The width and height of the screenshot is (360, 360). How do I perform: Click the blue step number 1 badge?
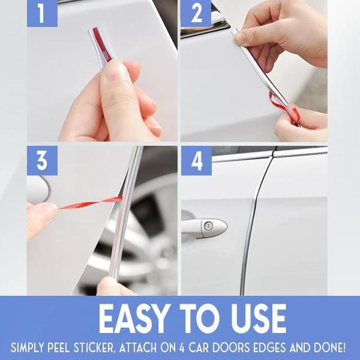pos(42,13)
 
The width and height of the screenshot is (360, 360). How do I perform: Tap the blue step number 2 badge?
pos(196,13)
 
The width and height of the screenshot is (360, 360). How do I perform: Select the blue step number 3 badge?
pos(42,160)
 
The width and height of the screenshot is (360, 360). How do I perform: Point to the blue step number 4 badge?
pos(196,160)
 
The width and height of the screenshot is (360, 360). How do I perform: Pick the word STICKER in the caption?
pos(94,348)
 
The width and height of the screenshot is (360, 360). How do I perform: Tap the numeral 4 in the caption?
pos(182,348)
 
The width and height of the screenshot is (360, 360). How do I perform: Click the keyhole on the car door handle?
pos(208,226)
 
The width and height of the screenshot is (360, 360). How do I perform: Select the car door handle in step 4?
pos(204,228)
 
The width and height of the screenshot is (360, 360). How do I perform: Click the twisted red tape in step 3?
pos(90,203)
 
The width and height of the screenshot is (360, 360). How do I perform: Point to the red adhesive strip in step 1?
pos(101,43)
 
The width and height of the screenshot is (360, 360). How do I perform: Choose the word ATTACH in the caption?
pos(138,348)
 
